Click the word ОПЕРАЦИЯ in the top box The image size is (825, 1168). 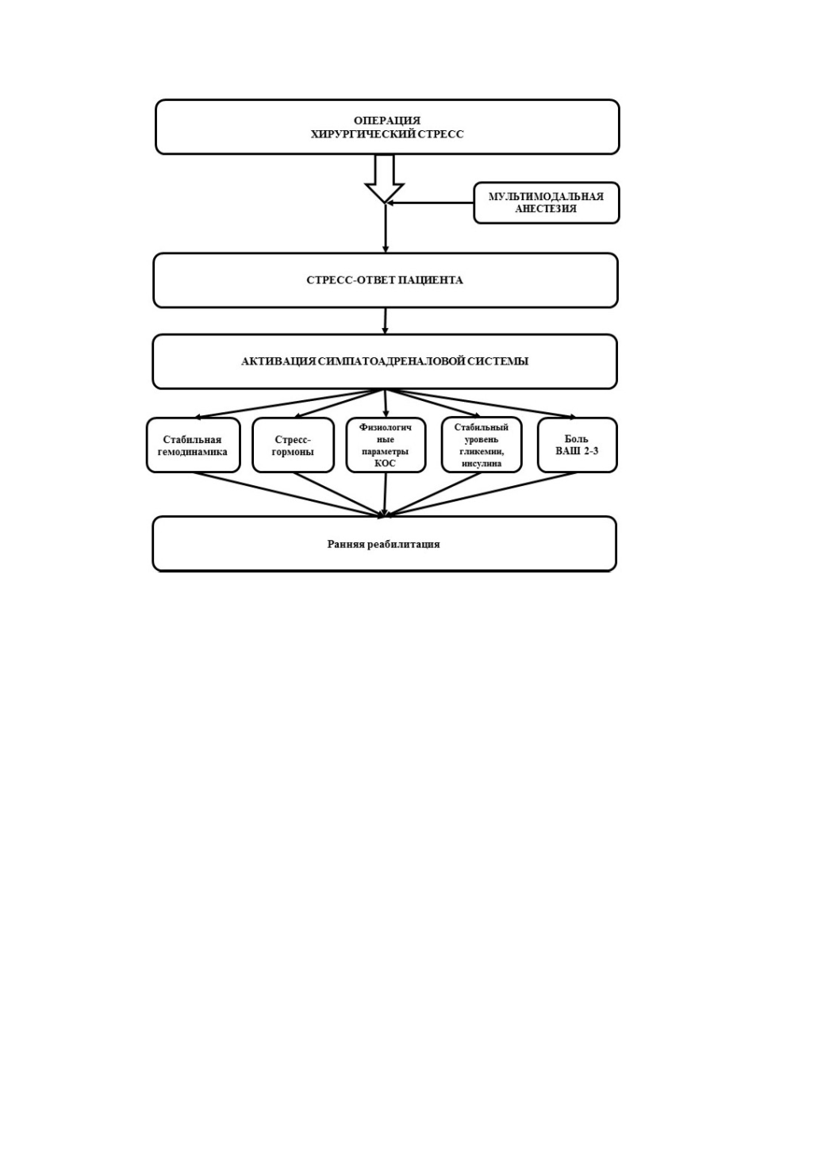[x=387, y=121]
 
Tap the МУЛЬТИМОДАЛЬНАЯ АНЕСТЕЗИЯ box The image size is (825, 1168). [x=547, y=202]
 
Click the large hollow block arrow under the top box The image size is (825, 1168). [x=385, y=179]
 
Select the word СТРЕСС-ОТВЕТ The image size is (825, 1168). [x=351, y=280]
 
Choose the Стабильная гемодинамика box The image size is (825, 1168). [x=194, y=445]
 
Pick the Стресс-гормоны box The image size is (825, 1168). [x=294, y=445]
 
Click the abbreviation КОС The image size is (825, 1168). [x=386, y=463]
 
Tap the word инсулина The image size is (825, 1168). [x=482, y=464]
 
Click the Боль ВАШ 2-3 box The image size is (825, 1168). [x=577, y=445]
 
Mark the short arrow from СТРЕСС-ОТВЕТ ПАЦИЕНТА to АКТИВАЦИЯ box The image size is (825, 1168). [x=386, y=321]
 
